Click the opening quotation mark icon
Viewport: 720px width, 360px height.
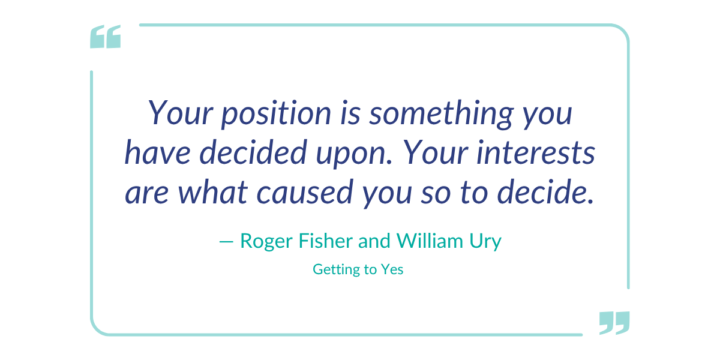[106, 37]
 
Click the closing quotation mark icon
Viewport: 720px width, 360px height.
[614, 323]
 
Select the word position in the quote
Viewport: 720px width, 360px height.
[276, 113]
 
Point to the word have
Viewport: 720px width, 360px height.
[157, 152]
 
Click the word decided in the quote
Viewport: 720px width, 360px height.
[253, 152]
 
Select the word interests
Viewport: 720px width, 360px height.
[536, 152]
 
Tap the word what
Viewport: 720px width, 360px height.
[212, 192]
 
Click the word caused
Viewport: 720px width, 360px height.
[305, 192]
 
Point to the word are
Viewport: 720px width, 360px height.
[147, 195]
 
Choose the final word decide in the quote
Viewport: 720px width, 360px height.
[545, 192]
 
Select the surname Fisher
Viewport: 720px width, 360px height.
[326, 241]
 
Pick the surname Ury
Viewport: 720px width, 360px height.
[485, 242]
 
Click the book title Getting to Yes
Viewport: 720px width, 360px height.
[358, 269]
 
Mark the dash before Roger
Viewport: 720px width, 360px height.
[226, 241]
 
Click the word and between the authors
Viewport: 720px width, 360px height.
[374, 241]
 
